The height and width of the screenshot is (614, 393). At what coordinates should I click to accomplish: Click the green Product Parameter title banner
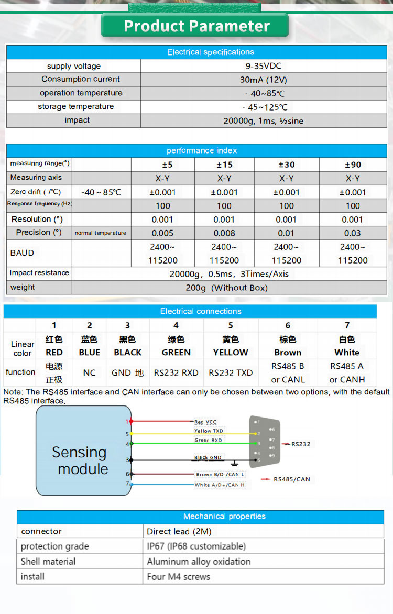click(x=196, y=26)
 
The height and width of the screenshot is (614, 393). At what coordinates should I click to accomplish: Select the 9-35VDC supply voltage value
click(x=264, y=66)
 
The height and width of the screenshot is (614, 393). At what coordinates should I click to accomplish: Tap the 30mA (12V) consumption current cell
click(x=264, y=80)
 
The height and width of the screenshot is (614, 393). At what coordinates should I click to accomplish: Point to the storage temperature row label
click(x=75, y=107)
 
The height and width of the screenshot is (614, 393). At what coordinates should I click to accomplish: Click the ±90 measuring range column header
click(x=353, y=165)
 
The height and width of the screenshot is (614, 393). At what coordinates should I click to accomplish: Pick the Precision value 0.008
click(x=224, y=233)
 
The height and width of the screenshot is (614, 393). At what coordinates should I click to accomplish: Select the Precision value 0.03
click(x=353, y=233)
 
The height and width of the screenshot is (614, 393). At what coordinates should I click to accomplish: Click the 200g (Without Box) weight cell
click(x=226, y=288)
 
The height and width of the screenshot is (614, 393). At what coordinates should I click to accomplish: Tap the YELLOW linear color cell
click(x=231, y=352)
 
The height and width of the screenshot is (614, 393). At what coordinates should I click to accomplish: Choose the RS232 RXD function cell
click(x=176, y=373)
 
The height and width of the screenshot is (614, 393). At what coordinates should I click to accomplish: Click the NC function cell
click(x=90, y=373)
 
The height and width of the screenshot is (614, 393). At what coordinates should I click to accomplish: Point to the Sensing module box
click(x=83, y=451)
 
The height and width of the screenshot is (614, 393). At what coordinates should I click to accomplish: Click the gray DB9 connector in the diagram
click(x=265, y=441)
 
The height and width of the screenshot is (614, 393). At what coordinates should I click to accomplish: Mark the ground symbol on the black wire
click(x=235, y=464)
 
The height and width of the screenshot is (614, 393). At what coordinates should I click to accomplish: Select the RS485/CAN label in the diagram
click(x=291, y=479)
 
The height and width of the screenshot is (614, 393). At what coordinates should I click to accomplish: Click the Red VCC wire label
click(x=205, y=422)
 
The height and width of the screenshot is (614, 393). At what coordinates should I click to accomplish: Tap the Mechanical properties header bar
click(x=224, y=517)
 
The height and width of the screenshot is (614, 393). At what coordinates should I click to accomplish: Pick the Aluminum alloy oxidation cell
click(x=199, y=562)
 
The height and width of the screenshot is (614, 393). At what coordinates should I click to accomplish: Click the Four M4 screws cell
click(x=179, y=577)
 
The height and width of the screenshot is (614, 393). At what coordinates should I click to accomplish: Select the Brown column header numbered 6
click(x=288, y=325)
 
